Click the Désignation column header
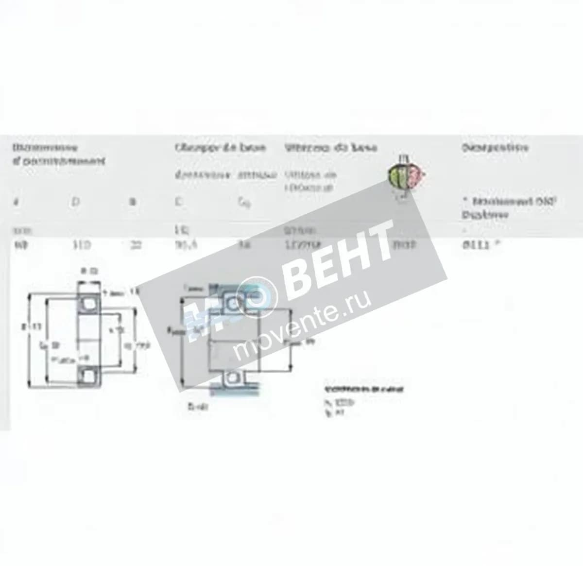pos(495,147)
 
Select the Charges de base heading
pos(221,147)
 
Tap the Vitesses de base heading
pos(330,147)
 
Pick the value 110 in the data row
pos(81,245)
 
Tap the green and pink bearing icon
pos(406,175)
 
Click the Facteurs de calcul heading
pos(364,389)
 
